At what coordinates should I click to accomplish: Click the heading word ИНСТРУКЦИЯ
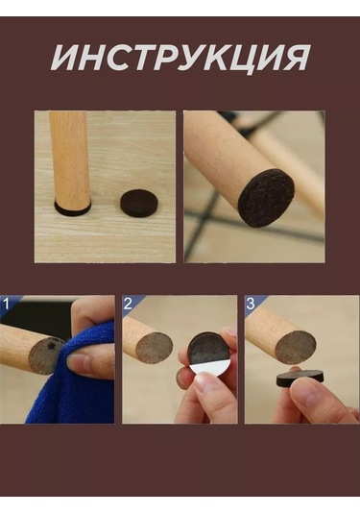[x=180, y=58]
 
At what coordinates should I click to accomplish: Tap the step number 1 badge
[x=7, y=304]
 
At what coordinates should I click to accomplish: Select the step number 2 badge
[x=128, y=304]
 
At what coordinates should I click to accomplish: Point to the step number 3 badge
[x=251, y=304]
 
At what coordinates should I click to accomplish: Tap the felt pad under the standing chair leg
[x=72, y=210]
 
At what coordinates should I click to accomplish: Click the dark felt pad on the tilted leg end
[x=266, y=198]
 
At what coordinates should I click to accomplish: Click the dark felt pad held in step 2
[x=208, y=349]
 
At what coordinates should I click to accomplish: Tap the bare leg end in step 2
[x=155, y=348]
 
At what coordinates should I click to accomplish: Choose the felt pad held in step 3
[x=300, y=378]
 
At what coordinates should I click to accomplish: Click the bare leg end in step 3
[x=296, y=348]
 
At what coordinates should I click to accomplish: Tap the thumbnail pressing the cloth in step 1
[x=77, y=362]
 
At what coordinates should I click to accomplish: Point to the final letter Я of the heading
[x=294, y=58]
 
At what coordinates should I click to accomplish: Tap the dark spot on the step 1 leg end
[x=52, y=346]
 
